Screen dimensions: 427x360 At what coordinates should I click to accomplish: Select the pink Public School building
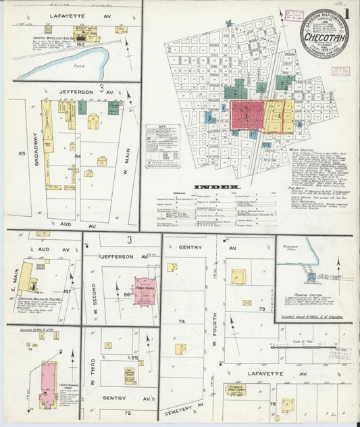(x=144, y=288)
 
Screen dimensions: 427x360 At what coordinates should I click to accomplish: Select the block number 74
(x=181, y=322)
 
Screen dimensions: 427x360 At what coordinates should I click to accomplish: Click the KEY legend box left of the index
(x=163, y=146)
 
